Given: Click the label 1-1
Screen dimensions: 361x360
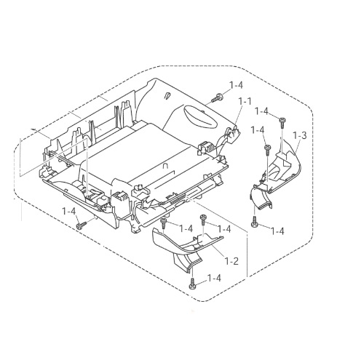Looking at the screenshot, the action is coord(245,102).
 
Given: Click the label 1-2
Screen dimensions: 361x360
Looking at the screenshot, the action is coord(231,261).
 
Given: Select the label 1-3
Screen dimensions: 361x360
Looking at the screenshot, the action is coord(300,135).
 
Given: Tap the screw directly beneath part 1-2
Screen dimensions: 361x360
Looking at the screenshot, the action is coord(192,284).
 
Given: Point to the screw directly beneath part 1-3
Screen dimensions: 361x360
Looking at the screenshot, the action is coord(255,222).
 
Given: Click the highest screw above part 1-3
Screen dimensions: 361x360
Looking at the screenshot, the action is coord(282,123).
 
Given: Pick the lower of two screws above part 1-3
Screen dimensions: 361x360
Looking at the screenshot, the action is coord(267,151).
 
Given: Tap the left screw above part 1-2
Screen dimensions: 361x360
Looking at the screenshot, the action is coord(164,223).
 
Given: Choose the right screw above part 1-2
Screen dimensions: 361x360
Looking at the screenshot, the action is coord(203,220).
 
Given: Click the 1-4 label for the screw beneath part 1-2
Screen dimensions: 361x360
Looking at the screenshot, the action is coord(214,278).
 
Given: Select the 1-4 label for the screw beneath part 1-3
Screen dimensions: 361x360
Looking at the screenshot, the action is coord(277,231).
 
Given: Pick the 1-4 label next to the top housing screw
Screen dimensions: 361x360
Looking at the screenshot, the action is coord(236,85).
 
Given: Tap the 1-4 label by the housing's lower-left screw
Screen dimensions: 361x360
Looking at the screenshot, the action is coord(69,211).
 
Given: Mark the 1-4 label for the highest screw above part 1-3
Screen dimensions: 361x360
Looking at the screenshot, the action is coord(262,112).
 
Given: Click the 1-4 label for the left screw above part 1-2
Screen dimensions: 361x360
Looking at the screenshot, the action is coord(186,228).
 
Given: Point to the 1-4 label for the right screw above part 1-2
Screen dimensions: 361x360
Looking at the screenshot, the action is coord(224,228).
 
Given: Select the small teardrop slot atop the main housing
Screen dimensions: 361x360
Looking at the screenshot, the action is coord(167,95).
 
